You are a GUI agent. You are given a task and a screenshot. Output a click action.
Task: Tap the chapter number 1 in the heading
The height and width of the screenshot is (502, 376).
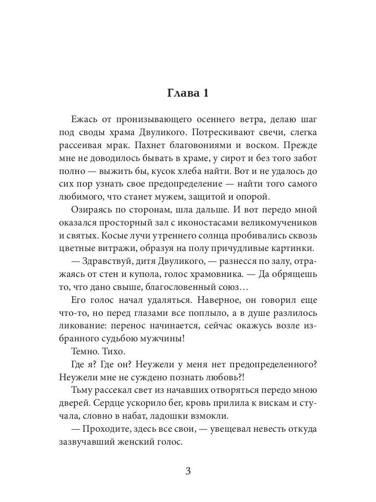205,93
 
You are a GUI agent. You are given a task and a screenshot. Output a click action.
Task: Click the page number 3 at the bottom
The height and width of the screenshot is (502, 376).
188,471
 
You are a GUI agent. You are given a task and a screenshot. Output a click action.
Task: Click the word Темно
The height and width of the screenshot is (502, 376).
84,352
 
